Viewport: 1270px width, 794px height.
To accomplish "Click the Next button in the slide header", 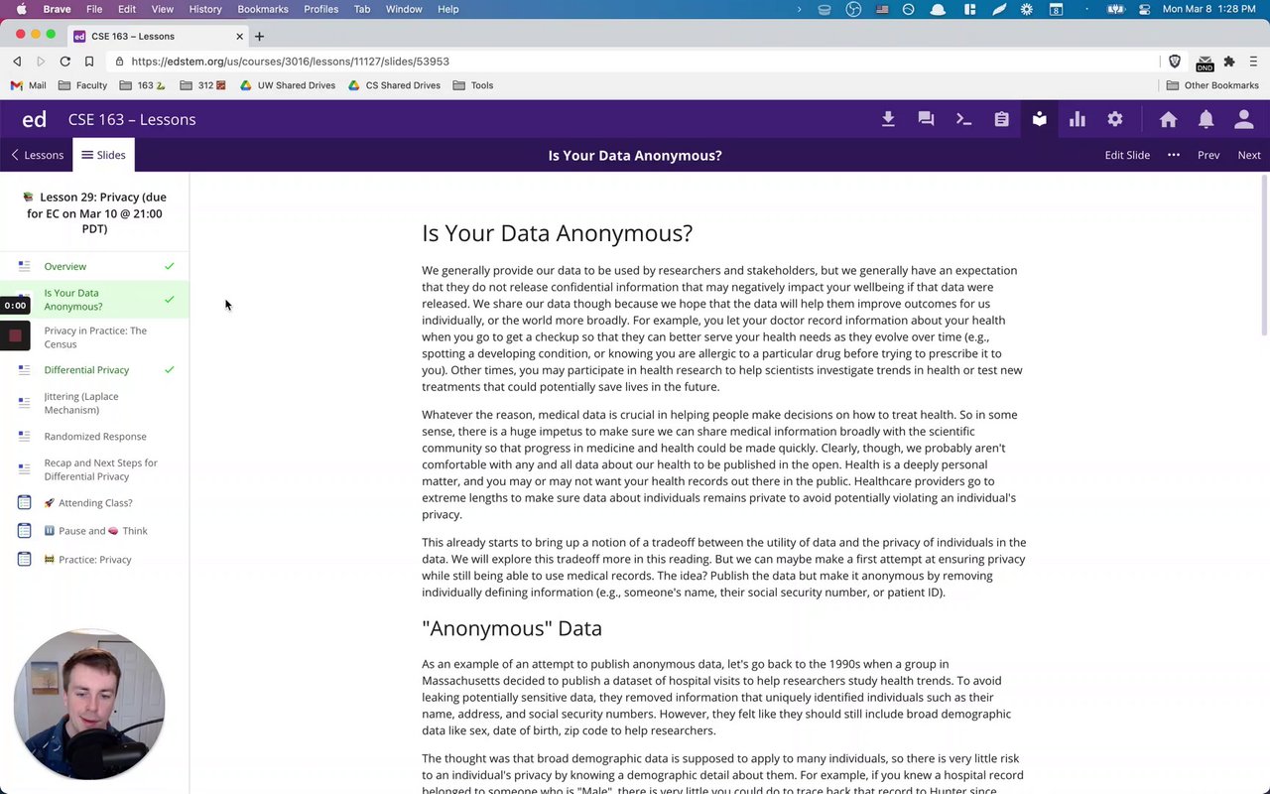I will tap(1248, 155).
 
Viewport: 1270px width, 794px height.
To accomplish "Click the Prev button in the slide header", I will tap(1207, 155).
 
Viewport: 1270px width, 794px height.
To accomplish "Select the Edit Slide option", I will tap(1127, 155).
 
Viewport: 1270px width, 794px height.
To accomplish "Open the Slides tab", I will tap(104, 155).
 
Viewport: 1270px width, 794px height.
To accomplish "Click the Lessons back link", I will tap(37, 155).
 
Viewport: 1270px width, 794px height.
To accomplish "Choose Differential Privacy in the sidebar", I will tap(86, 370).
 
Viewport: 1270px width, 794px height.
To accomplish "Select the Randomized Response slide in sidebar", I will tap(95, 437).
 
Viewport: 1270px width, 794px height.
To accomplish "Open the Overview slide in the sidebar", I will tap(65, 267).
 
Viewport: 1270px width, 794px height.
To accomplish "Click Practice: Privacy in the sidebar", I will tap(94, 560).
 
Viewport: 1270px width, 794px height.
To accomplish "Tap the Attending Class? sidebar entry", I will tap(94, 503).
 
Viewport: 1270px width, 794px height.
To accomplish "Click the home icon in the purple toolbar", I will tap(1168, 119).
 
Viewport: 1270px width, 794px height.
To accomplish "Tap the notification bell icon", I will tap(1206, 119).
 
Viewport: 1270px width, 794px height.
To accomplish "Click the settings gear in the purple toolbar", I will tap(1115, 119).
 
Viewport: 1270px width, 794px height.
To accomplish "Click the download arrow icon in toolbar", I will tap(888, 119).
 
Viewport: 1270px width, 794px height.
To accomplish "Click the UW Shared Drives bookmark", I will tap(296, 85).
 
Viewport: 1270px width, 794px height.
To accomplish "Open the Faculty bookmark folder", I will tap(90, 85).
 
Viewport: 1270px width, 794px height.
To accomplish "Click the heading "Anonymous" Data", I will tap(512, 628).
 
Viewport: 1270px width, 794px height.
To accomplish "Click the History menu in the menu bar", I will tap(205, 9).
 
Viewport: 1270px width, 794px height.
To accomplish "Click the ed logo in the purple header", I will tap(35, 119).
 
